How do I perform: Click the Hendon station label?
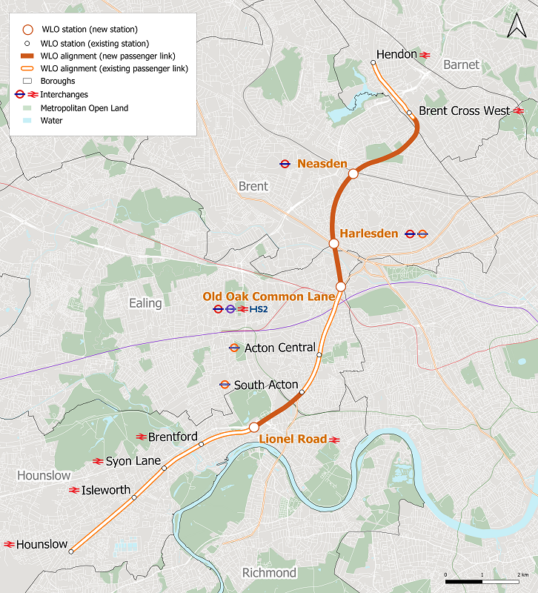[x=396, y=55]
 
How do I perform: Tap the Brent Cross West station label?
[x=465, y=110]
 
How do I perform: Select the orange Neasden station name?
[x=322, y=163]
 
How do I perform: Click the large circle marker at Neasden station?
[x=353, y=173]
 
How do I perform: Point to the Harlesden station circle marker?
[x=333, y=242]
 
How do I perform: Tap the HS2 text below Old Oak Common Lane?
[x=259, y=309]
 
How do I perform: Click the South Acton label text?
[x=265, y=385]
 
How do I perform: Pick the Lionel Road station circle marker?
[x=253, y=427]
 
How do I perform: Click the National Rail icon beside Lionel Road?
[x=334, y=440]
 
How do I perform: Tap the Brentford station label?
[x=173, y=437]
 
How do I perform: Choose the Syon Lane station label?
[x=133, y=461]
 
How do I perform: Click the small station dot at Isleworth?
[x=134, y=497]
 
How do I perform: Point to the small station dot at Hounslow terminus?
[x=71, y=551]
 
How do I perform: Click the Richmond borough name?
[x=269, y=573]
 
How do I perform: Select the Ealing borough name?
[x=145, y=303]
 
